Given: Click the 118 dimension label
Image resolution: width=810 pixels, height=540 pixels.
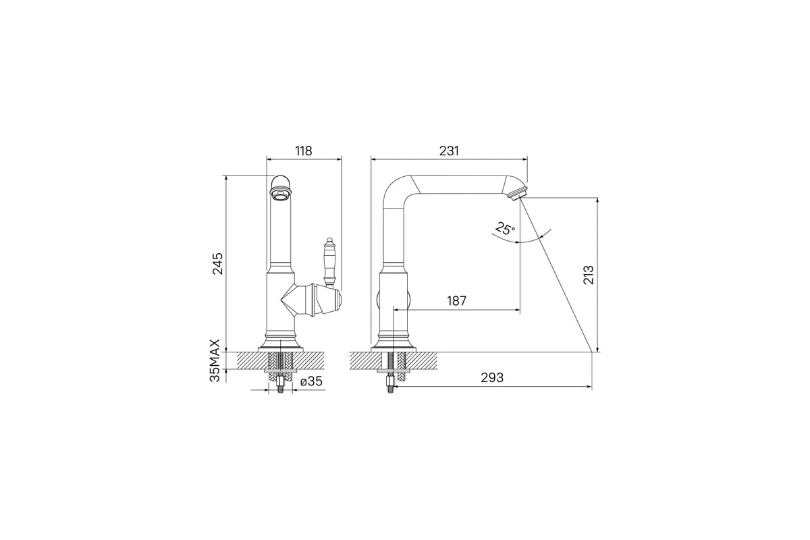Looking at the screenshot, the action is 303,151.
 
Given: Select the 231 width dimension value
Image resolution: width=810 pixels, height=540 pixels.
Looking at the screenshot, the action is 449,151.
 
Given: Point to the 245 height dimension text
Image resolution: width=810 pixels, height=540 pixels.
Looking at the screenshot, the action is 217,264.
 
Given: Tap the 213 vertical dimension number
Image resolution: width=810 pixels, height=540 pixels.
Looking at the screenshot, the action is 589,275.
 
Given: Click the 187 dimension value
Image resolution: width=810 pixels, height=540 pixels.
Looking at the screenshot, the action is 457,300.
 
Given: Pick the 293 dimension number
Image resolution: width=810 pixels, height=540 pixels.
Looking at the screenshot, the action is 492,377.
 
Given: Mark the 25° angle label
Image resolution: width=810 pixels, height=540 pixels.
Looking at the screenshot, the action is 505,229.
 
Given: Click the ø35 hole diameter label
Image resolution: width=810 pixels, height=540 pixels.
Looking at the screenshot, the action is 311,381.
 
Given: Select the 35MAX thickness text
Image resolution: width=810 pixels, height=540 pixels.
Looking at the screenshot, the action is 215,360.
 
